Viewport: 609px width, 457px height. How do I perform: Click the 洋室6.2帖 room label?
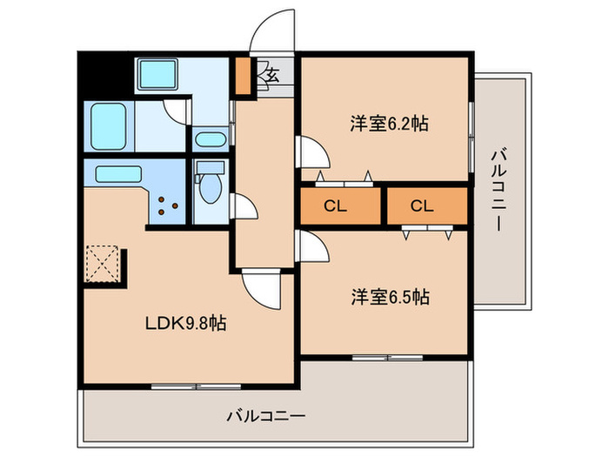coord(389,123)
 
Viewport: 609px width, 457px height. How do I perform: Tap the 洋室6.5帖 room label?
coord(389,296)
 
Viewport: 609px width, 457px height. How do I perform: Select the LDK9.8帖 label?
coord(185,324)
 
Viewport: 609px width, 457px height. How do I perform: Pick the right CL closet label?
coord(421,206)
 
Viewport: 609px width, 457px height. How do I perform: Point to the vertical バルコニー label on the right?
coord(499,190)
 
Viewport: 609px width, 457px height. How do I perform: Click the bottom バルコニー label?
coord(266,415)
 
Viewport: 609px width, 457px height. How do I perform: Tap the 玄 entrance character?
coord(271,74)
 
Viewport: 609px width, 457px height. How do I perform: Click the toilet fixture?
coord(209,185)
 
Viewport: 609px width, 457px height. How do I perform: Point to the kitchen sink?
coord(119,173)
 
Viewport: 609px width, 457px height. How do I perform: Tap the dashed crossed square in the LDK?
coord(103,265)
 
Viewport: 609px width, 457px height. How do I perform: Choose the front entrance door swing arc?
coord(271,31)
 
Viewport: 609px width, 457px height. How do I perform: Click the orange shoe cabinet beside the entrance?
coord(242,76)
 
